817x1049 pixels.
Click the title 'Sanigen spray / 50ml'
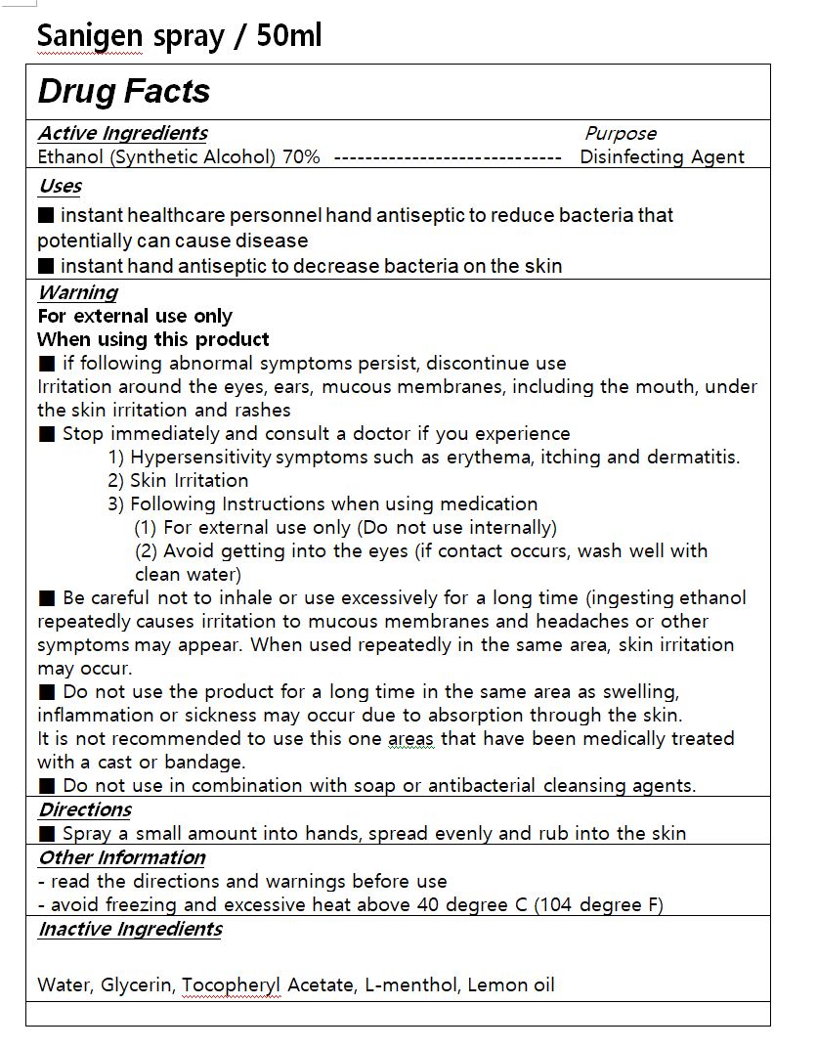coord(179,36)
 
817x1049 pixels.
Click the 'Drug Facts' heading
coord(124,92)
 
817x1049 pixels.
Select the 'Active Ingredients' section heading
coord(122,133)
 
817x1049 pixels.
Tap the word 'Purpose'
coord(621,134)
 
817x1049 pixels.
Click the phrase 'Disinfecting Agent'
coord(662,157)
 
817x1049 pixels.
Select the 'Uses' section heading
coord(60,186)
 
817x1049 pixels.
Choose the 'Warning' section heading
coord(77,292)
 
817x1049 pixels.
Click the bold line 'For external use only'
coord(135,316)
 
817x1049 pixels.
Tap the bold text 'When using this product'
coord(153,339)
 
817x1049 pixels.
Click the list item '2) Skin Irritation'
coord(178,480)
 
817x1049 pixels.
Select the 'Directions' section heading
coord(84,809)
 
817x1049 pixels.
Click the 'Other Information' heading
coord(121,857)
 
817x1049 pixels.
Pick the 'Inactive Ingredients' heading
coord(130,929)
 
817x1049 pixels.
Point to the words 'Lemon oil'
coord(511,984)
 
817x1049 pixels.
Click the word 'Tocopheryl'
coord(232,984)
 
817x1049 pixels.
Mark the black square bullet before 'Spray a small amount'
coord(47,834)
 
